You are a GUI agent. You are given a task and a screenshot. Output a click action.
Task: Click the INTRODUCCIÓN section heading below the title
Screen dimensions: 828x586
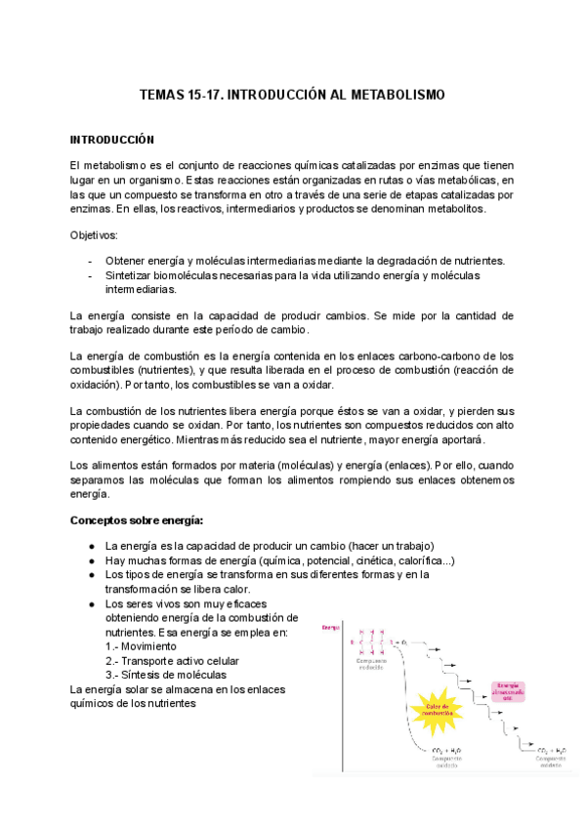112,140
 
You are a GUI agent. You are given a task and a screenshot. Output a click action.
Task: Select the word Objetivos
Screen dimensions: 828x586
94,236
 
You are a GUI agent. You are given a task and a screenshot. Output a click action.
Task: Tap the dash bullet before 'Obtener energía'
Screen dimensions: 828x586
90,262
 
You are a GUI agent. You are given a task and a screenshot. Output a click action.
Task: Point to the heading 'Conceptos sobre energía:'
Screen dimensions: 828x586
137,520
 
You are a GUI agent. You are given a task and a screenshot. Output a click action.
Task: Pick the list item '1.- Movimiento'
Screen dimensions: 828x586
141,646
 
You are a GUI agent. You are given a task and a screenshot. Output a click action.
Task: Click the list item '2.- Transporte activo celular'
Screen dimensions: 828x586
171,661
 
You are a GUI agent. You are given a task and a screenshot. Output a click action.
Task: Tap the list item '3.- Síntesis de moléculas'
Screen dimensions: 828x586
165,675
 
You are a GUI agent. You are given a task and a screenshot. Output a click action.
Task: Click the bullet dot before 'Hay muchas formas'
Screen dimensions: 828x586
90,560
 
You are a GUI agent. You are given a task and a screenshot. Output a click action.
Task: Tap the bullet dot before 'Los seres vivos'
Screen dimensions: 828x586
90,604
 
